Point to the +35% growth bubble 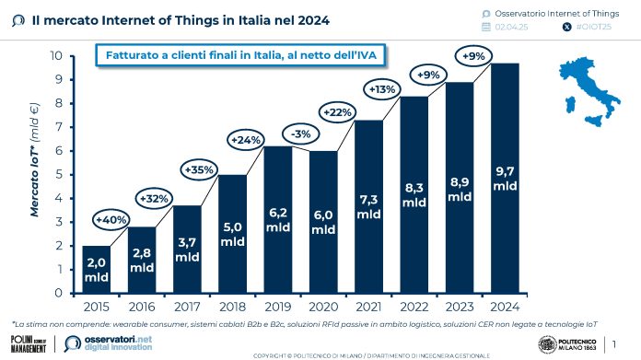(201, 170)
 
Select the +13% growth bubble (382, 89)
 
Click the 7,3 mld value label (369, 207)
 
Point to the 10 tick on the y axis (56, 55)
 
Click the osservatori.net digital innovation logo (104, 343)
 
